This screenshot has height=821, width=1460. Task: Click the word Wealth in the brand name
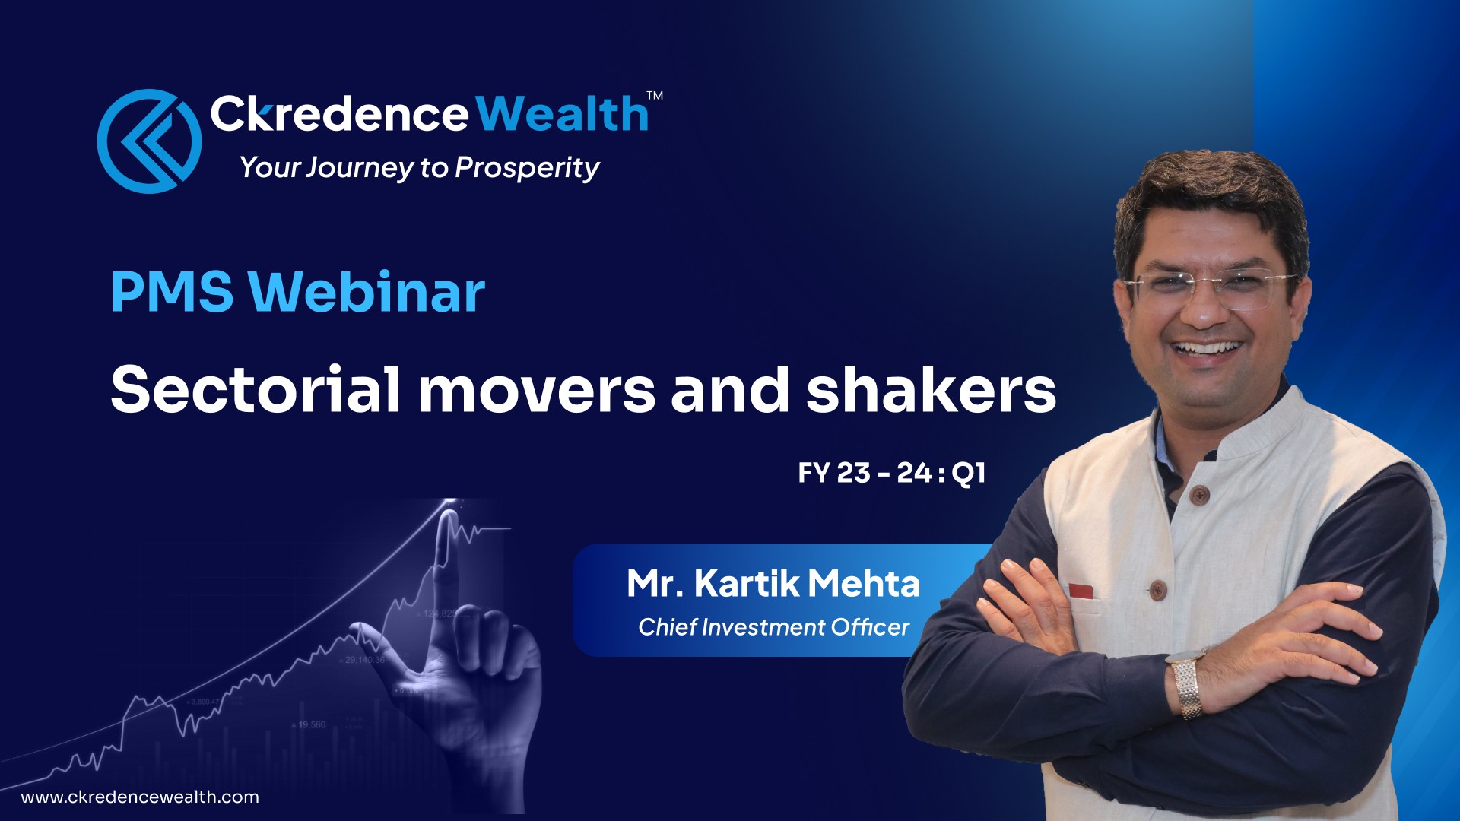tap(563, 114)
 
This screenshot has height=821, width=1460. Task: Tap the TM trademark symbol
tap(655, 96)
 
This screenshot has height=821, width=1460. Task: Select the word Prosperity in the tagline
tap(527, 168)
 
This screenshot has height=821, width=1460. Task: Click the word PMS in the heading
tap(172, 292)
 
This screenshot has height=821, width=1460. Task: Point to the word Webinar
tap(367, 292)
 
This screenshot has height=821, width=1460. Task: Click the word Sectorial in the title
tap(255, 389)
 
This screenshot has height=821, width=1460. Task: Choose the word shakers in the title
tap(931, 389)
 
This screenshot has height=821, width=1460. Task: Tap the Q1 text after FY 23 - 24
tap(969, 473)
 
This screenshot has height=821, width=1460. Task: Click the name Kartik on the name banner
tap(747, 584)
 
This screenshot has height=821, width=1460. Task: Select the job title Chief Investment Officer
tap(773, 627)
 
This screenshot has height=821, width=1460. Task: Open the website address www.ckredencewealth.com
tap(140, 797)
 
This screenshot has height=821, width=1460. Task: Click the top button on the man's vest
tap(1199, 496)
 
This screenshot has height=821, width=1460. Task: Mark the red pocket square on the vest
tap(1081, 591)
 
